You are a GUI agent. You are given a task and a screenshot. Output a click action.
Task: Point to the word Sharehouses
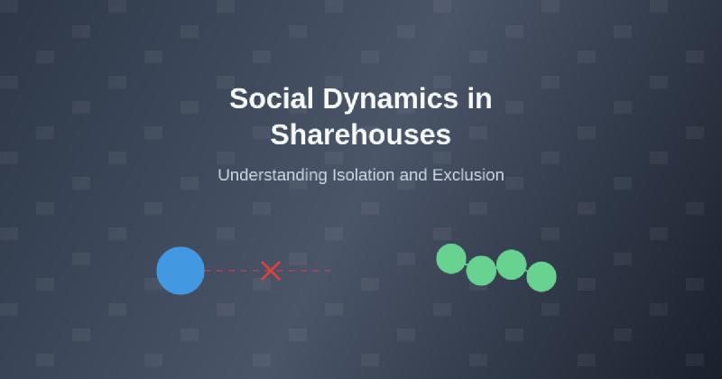pyautogui.click(x=361, y=134)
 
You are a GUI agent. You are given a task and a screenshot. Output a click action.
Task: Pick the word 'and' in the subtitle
pyautogui.click(x=413, y=175)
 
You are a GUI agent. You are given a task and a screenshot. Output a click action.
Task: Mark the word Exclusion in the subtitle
pyautogui.click(x=467, y=175)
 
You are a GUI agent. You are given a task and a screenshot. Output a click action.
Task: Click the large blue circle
pyautogui.click(x=180, y=271)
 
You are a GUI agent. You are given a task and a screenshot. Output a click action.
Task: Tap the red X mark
pyautogui.click(x=271, y=271)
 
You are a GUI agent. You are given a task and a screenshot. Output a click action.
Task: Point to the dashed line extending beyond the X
pyautogui.click(x=308, y=271)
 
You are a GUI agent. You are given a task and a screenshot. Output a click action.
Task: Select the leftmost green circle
pyautogui.click(x=451, y=259)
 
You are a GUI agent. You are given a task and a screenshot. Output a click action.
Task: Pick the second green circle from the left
pyautogui.click(x=481, y=271)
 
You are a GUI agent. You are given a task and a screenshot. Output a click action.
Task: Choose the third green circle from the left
pyautogui.click(x=511, y=264)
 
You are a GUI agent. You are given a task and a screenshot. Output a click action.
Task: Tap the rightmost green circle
pyautogui.click(x=541, y=277)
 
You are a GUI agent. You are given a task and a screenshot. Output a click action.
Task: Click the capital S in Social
pyautogui.click(x=237, y=98)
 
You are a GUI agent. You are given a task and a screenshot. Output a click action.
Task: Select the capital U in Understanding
pyautogui.click(x=225, y=175)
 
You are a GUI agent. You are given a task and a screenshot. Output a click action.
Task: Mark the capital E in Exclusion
pyautogui.click(x=438, y=175)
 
